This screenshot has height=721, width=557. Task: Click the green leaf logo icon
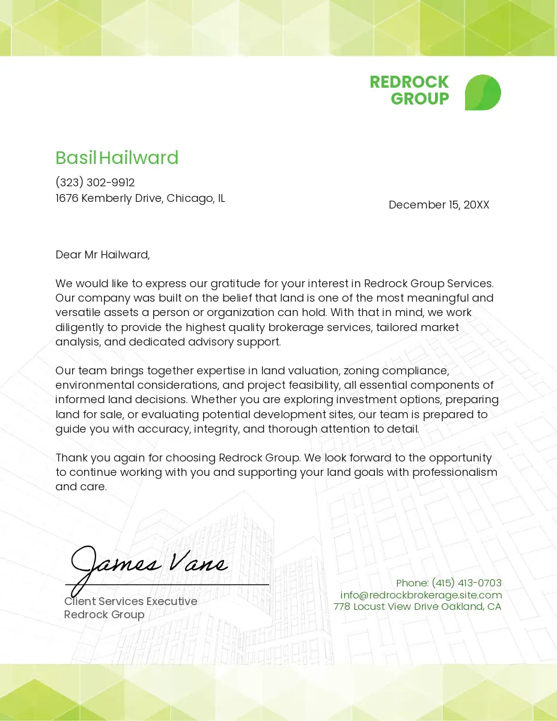[x=482, y=93]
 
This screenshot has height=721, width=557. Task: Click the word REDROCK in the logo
[x=409, y=82]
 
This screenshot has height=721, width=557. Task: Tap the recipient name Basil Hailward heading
[x=117, y=158]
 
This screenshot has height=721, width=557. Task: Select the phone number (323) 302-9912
[x=95, y=183]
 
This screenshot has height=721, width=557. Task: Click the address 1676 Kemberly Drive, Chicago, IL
[x=140, y=198]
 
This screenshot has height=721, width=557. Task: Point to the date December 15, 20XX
[x=439, y=205]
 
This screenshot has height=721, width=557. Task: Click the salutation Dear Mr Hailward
[x=102, y=255]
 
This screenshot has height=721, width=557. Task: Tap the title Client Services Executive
[x=131, y=601]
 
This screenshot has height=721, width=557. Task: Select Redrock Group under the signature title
[x=105, y=615]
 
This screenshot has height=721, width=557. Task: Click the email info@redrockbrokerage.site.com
[x=421, y=595]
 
